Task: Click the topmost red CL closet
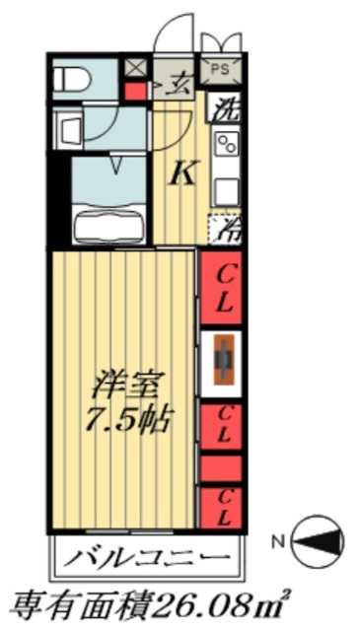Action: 223,287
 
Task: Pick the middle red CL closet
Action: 223,425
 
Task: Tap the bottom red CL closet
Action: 223,506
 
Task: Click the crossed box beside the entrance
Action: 135,68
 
